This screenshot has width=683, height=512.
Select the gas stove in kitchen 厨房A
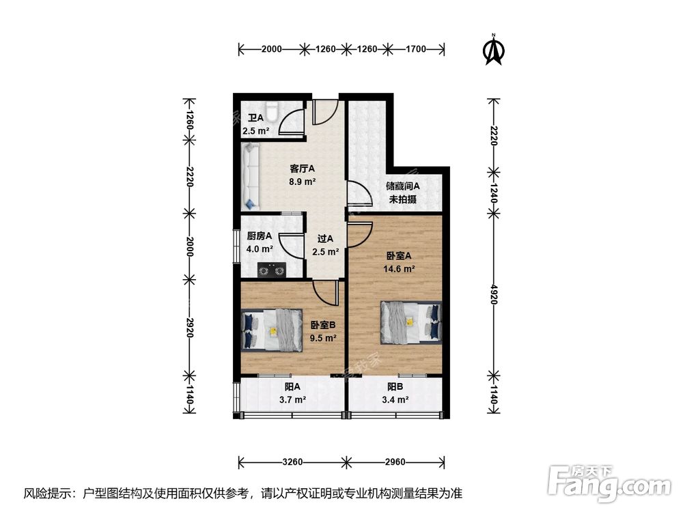click(x=270, y=271)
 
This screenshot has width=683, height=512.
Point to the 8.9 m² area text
click(x=302, y=182)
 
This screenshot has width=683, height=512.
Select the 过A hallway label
click(x=325, y=239)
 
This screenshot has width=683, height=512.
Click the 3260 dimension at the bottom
click(x=292, y=462)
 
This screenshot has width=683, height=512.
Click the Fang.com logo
click(x=611, y=484)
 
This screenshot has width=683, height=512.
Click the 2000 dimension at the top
click(x=271, y=48)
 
